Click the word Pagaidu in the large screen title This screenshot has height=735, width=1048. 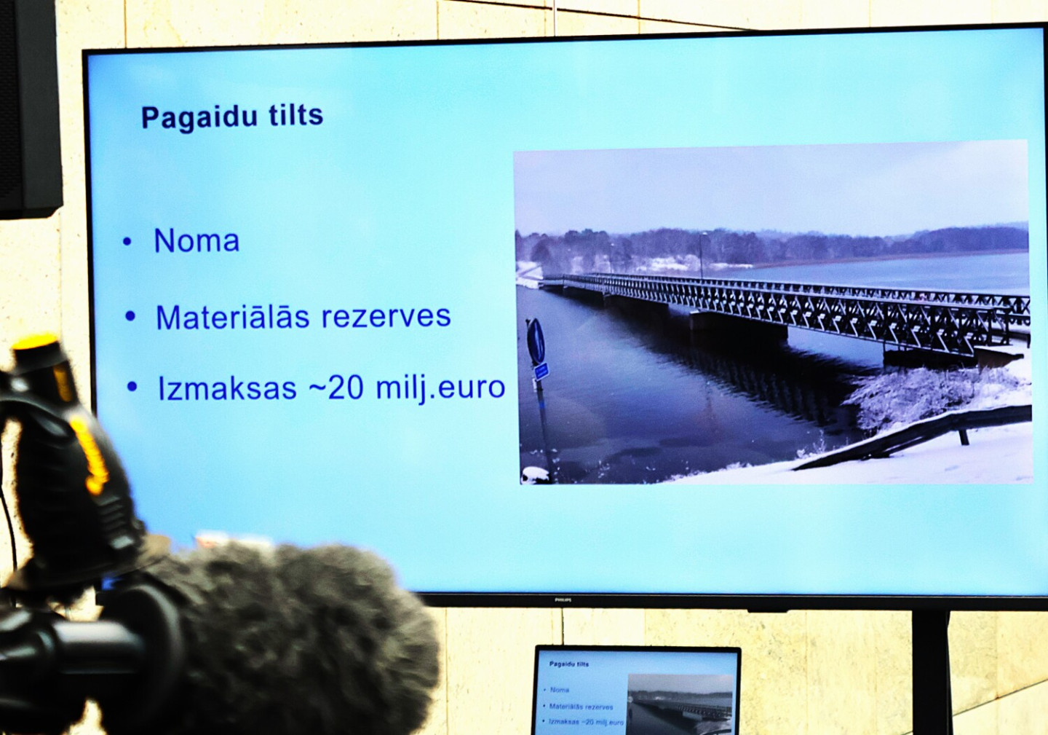click(x=199, y=118)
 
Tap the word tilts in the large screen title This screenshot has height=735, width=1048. click(x=296, y=115)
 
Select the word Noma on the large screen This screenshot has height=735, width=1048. click(x=196, y=241)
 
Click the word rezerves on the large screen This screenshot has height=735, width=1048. click(x=386, y=316)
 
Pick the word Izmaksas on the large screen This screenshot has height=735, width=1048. click(x=227, y=388)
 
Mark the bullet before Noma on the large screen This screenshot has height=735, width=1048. click(x=127, y=242)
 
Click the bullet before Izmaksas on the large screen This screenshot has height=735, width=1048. click(x=132, y=387)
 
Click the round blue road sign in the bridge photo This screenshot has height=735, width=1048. click(x=536, y=341)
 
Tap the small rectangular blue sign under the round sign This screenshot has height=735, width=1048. click(x=541, y=372)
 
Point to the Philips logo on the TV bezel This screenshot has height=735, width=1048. click(x=563, y=600)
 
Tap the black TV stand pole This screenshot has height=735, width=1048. click(x=931, y=673)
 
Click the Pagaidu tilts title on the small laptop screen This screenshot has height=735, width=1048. click(x=569, y=664)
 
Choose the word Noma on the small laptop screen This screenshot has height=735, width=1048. click(x=560, y=690)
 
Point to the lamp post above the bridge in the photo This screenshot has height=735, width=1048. click(x=702, y=255)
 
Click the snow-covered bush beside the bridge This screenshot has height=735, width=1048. click(x=931, y=398)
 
